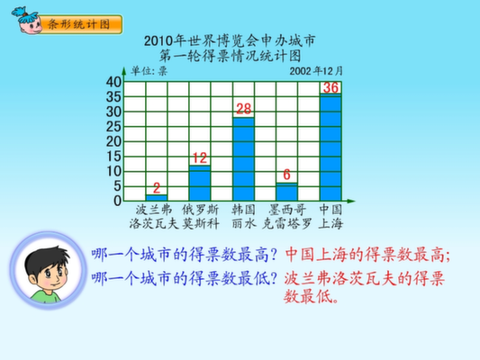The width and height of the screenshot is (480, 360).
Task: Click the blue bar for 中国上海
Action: [x=331, y=148]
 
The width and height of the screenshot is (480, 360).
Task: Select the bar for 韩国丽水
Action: [x=244, y=159]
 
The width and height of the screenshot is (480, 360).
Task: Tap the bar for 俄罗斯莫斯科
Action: [x=200, y=183]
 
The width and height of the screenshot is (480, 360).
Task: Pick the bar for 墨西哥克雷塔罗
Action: [x=287, y=192]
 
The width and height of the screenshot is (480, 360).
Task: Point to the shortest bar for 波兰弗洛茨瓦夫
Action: [x=157, y=198]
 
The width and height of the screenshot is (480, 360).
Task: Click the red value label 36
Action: [x=331, y=88]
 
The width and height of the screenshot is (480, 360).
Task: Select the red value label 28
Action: [x=244, y=109]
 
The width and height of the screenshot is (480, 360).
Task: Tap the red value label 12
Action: [x=200, y=158]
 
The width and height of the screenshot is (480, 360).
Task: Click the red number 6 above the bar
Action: [x=287, y=175]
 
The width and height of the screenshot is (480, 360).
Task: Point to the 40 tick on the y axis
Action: [x=113, y=82]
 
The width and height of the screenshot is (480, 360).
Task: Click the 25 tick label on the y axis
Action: [x=113, y=127]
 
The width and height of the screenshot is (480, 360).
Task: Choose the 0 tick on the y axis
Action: [x=118, y=201]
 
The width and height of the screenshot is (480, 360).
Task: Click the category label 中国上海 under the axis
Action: [x=331, y=217]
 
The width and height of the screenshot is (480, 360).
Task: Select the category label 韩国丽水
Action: [x=244, y=217]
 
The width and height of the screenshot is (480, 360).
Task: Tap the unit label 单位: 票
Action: [x=149, y=71]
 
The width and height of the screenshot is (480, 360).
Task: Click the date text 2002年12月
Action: [x=316, y=71]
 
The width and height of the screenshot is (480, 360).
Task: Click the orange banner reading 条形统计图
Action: [x=80, y=24]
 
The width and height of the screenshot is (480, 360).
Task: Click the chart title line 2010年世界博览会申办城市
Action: [x=230, y=40]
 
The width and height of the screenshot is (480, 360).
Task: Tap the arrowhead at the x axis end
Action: [x=351, y=201]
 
